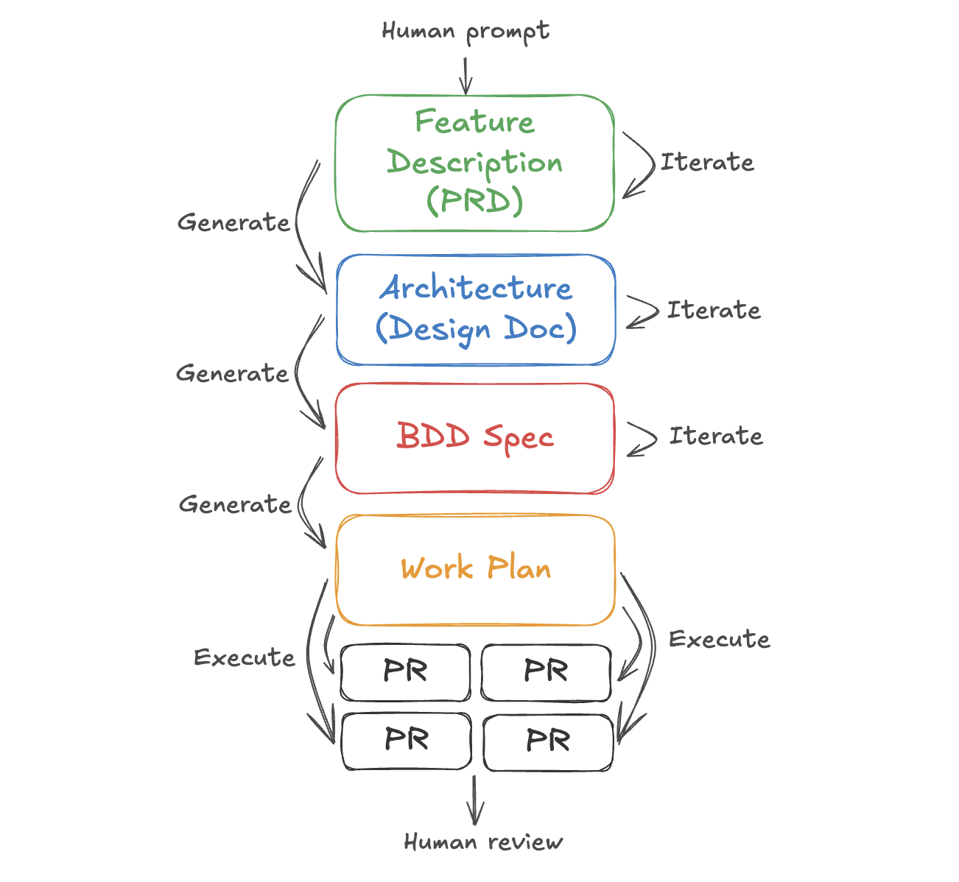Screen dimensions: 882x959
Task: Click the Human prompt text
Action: (466, 32)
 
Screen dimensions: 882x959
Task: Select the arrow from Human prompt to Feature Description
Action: (466, 75)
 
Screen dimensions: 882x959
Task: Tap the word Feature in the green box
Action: (474, 122)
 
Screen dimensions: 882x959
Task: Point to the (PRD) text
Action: (475, 200)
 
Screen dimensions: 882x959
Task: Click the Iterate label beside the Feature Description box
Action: (707, 162)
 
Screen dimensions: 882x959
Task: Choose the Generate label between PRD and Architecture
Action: (233, 222)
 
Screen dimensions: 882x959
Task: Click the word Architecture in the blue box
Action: (476, 288)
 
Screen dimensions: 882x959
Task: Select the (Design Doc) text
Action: (476, 328)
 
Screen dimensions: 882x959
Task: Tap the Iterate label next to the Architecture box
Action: (714, 310)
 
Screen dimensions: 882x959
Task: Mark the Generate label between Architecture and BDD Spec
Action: (232, 374)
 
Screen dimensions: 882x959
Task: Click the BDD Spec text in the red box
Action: (475, 437)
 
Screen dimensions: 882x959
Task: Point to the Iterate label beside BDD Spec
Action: (716, 436)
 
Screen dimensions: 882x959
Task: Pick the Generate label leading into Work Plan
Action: (235, 505)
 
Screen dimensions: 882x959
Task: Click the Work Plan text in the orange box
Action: (476, 568)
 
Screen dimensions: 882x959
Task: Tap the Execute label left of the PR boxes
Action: (245, 657)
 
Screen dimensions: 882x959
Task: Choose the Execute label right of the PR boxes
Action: (720, 639)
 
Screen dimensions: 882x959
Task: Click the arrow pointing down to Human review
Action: (475, 800)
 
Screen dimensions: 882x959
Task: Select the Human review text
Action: (483, 842)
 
